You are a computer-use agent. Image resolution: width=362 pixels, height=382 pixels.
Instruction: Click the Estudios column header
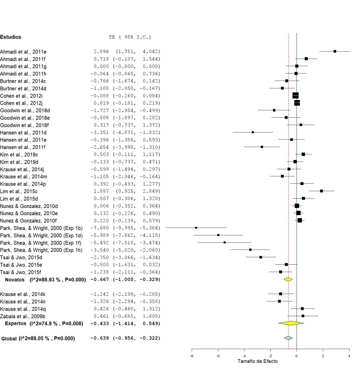pos(10,37)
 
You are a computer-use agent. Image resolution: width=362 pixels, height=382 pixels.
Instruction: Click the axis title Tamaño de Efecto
pos(257,361)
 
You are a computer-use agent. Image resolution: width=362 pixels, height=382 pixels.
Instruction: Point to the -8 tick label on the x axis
pos(191,356)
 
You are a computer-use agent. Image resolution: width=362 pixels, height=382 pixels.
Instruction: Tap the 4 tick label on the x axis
pos(349,356)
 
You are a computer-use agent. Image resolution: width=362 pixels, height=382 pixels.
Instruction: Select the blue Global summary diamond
pos(288,338)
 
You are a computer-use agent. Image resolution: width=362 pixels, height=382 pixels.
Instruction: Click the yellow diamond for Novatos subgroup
pos(288,279)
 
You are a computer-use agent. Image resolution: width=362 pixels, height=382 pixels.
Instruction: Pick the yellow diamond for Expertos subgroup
pos(291,323)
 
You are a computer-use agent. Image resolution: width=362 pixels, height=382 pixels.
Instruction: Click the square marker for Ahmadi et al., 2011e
pos(335,51)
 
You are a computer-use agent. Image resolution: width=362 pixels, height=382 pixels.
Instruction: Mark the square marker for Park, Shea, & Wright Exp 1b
pos(196,228)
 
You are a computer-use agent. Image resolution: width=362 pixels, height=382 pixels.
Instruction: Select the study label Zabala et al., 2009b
pos(22,316)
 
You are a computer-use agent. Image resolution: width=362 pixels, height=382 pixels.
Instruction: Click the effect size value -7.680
pos(100,228)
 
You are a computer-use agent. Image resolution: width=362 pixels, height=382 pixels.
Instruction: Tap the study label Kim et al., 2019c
pos(19,155)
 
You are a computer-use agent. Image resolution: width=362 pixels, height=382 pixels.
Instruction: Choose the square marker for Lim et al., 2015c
pos(321,191)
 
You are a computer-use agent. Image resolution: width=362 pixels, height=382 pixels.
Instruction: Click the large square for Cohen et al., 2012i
pos(295,95)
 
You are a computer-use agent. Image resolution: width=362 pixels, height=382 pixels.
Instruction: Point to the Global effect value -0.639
pos(100,338)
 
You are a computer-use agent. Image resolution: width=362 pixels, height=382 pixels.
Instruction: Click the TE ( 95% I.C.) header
pos(130,37)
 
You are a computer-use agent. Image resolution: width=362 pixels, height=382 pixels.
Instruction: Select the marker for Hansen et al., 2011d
pos(253,132)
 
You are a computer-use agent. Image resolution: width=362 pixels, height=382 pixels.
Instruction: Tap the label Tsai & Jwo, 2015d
pos(21,257)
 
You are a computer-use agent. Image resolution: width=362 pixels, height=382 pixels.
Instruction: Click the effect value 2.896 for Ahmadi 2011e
pos(101,52)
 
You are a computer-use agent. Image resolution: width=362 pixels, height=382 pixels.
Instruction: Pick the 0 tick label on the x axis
pos(297,356)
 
